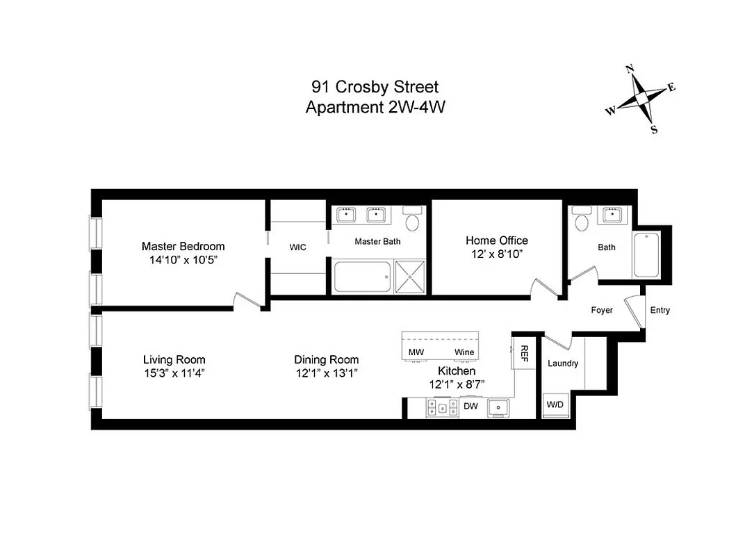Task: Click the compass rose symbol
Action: pos(640,100)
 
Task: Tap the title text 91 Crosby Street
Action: pos(375,88)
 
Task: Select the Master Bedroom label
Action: pos(183,246)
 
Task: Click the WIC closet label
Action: pos(297,247)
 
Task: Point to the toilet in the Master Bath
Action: pos(413,221)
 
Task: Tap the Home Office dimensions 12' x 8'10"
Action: pos(496,254)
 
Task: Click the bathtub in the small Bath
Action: pos(646,254)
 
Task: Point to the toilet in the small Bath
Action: pos(582,220)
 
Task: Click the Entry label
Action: pos(660,310)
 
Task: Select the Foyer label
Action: pos(602,310)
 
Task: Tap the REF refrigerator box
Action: pos(524,354)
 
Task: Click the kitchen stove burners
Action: pos(442,407)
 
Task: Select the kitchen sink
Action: pos(498,407)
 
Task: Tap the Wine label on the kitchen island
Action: pos(464,352)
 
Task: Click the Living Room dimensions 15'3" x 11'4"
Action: pos(174,373)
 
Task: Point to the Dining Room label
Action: pos(326,359)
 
